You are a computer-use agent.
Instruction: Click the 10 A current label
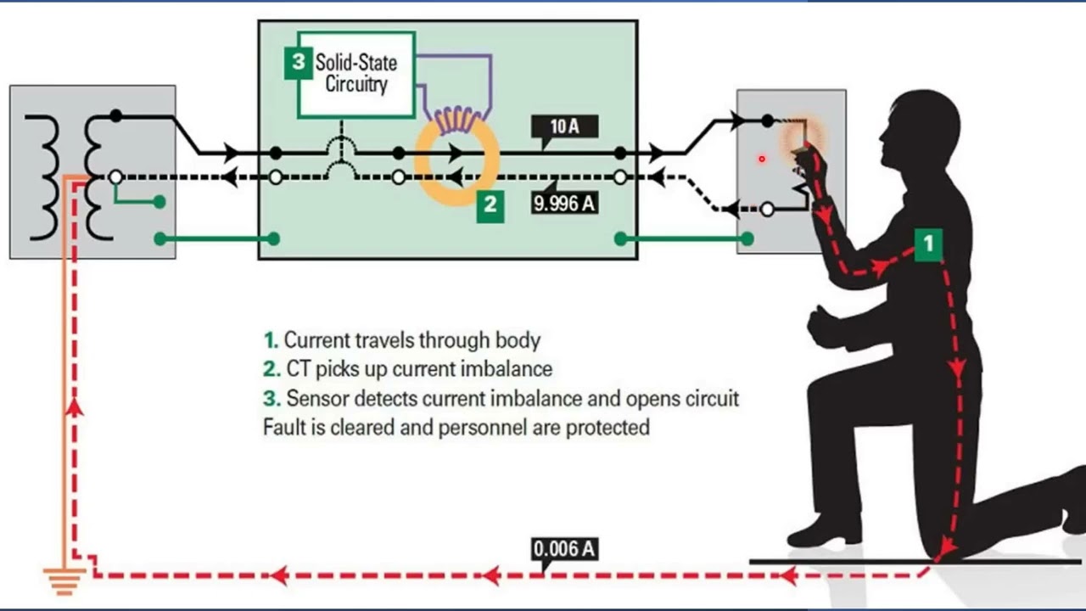564,126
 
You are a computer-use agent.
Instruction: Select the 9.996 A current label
564,203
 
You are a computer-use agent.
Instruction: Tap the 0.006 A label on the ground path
564,549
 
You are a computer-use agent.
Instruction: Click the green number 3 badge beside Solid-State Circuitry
298,62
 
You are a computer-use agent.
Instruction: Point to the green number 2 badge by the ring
490,206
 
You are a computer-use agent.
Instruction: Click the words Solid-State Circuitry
355,73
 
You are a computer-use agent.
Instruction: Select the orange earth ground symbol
64,581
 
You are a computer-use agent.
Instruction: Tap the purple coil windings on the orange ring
456,121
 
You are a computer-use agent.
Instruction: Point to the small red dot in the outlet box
762,159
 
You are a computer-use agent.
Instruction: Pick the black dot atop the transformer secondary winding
116,116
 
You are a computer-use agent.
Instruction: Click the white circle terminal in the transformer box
115,177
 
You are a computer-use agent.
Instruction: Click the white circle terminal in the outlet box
767,210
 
